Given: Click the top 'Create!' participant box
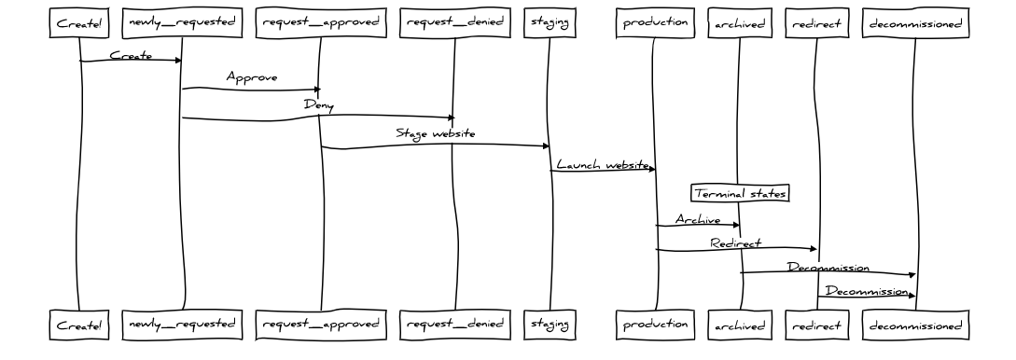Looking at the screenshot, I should (x=78, y=24).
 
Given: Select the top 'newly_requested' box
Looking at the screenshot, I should (x=181, y=24).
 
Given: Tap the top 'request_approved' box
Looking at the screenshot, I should (x=320, y=24).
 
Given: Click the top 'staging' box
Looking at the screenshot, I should (x=549, y=24).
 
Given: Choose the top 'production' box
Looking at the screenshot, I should (x=656, y=24).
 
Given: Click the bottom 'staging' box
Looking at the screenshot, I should (x=549, y=325).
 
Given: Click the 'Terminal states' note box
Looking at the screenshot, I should (x=740, y=193).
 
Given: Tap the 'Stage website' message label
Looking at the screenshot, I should (x=435, y=133).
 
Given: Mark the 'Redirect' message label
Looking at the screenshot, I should (x=735, y=242).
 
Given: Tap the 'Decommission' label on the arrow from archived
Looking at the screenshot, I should (x=828, y=268).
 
